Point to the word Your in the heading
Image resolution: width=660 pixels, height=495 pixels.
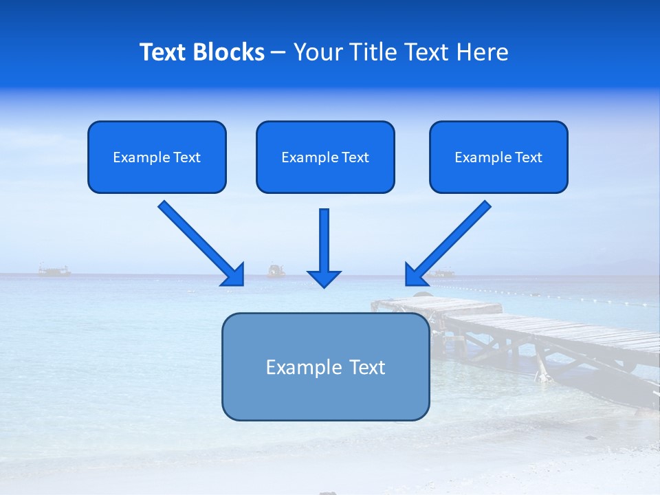coord(317,52)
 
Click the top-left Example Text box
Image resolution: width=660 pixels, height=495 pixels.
coord(157,157)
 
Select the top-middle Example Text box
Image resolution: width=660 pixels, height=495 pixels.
coord(325,157)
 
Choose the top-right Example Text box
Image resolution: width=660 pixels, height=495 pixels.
coord(498,157)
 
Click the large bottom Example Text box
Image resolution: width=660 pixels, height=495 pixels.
coord(325,366)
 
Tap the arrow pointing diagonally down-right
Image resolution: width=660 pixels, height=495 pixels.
coord(199,242)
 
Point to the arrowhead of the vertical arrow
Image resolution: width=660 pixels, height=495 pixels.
coord(324,278)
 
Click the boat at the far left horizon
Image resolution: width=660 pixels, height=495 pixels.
coord(54,271)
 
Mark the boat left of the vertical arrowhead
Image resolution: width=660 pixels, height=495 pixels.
coord(276,270)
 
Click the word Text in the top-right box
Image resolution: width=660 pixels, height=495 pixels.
coord(529,157)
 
